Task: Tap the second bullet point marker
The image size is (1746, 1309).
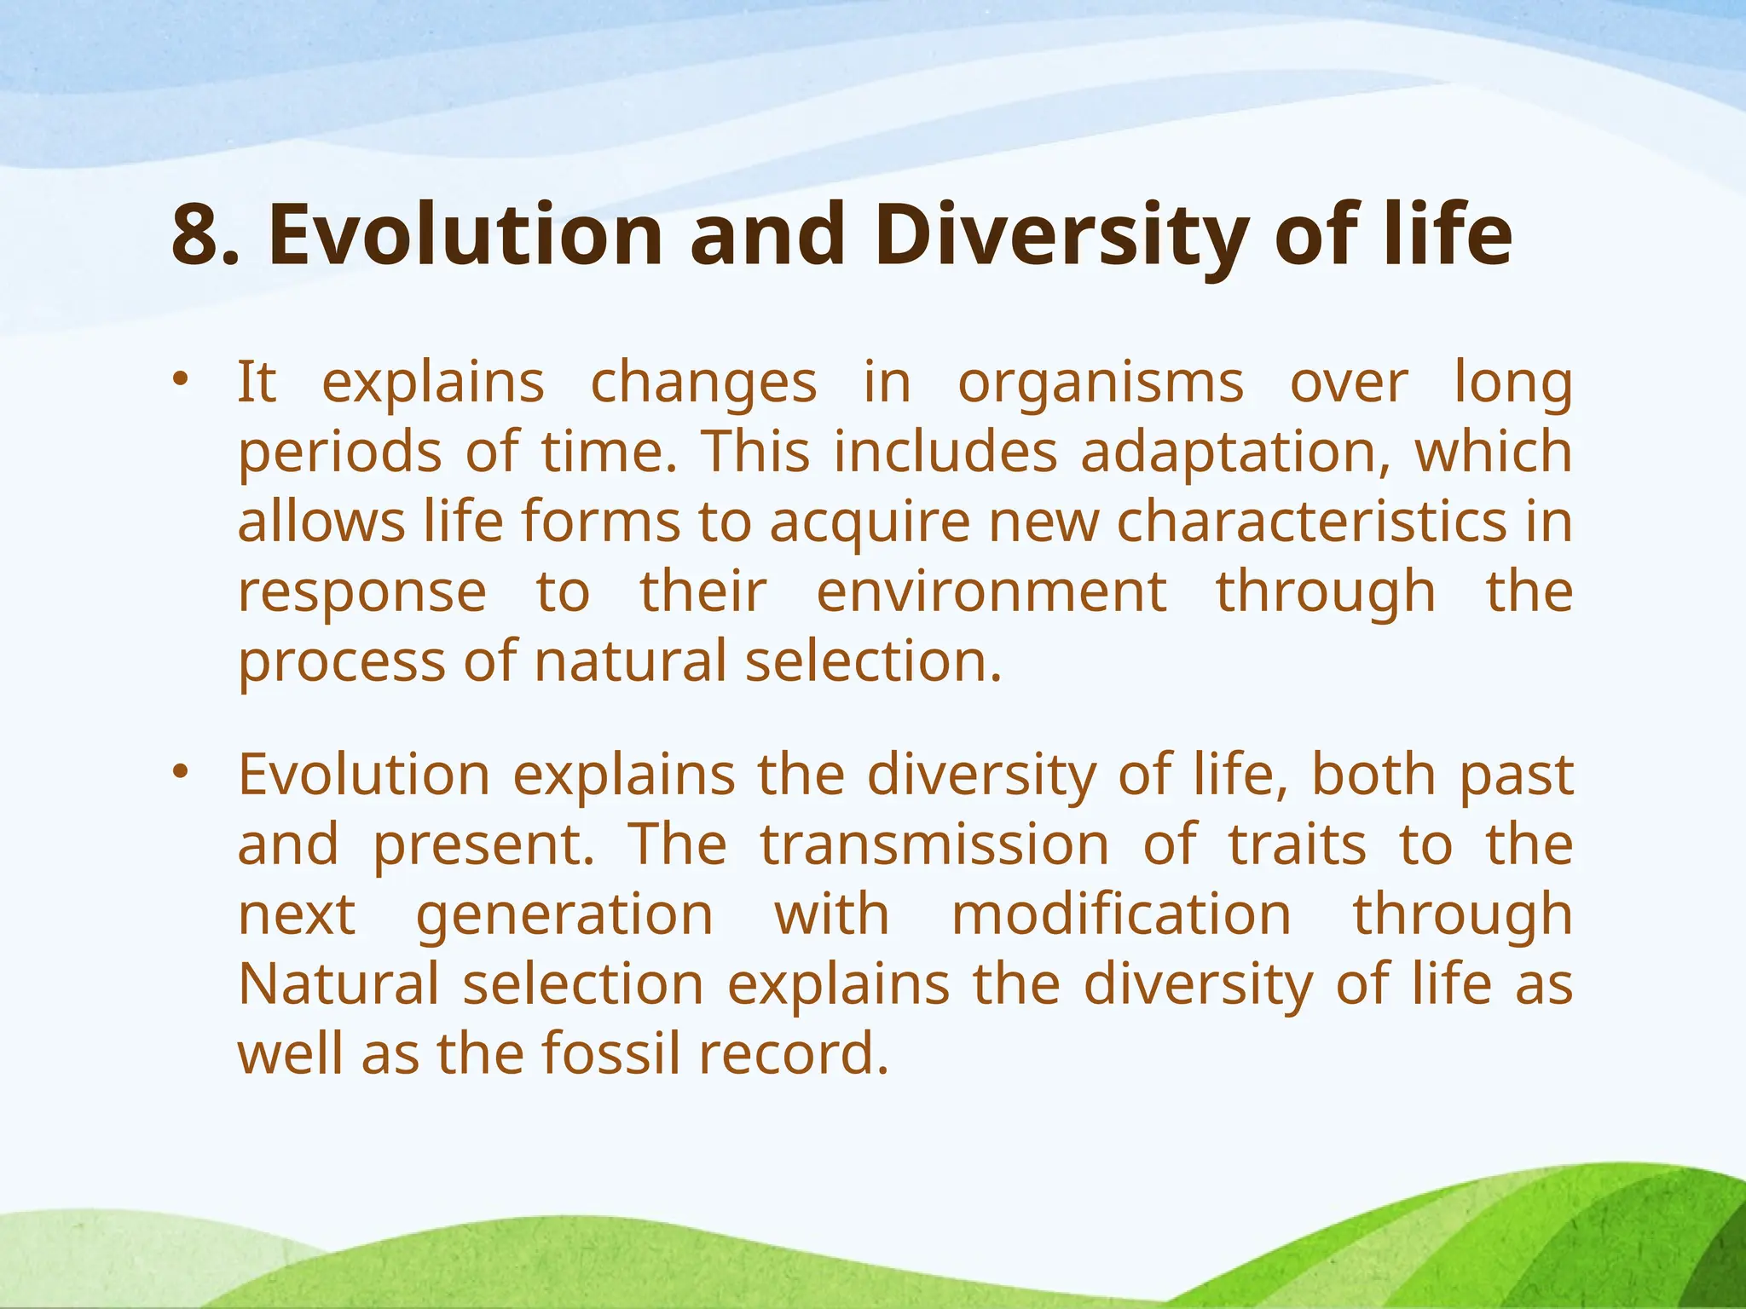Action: point(179,772)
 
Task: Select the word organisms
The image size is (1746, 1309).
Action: point(1101,384)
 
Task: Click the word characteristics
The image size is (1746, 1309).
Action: point(1311,522)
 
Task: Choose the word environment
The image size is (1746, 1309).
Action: point(992,591)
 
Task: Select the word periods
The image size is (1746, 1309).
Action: point(339,453)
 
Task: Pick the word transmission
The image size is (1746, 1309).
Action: point(934,845)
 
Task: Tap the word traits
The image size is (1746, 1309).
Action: point(1297,845)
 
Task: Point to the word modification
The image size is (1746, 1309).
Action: point(1121,914)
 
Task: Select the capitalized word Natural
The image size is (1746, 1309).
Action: point(338,984)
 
